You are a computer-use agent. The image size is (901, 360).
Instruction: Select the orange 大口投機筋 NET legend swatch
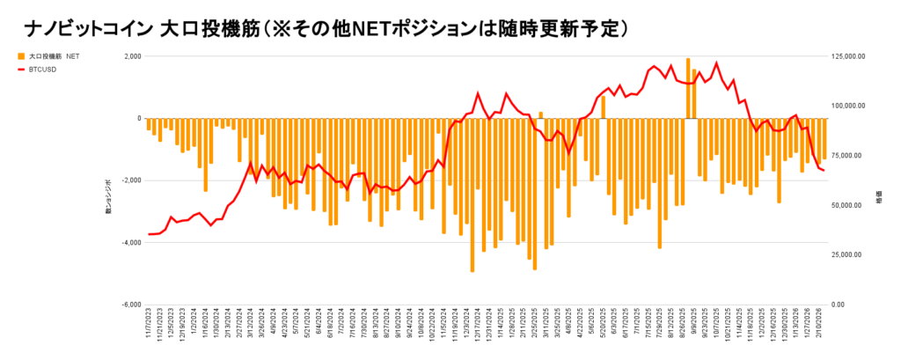click(x=20, y=55)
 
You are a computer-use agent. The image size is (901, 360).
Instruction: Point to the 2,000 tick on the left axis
click(x=133, y=56)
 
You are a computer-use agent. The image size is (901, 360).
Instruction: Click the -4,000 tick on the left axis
click(x=132, y=242)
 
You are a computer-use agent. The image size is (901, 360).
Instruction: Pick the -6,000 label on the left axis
click(x=132, y=305)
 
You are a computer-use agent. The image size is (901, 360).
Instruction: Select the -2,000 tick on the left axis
click(x=132, y=180)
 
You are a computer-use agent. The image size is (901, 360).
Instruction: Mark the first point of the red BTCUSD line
click(x=149, y=234)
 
